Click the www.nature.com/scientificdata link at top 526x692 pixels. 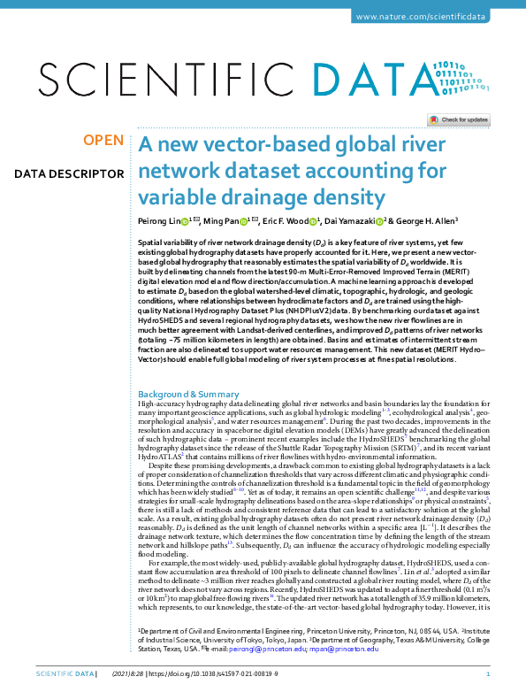click(434, 19)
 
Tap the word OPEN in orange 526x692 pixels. click(103, 140)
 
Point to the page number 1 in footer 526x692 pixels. click(488, 674)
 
